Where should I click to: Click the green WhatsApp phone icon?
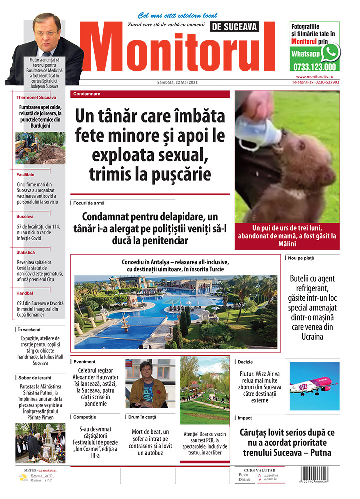coord(330,52)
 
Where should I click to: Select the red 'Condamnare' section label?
coord(87,94)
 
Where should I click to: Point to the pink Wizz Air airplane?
coord(313,386)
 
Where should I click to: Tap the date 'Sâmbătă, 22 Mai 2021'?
coord(178,82)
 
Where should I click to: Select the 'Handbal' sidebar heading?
coord(25,293)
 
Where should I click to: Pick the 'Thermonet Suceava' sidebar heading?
coord(36,97)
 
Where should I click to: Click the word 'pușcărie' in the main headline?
coord(180,175)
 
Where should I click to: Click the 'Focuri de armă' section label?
coord(89,203)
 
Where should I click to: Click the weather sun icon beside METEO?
coord(23,478)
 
